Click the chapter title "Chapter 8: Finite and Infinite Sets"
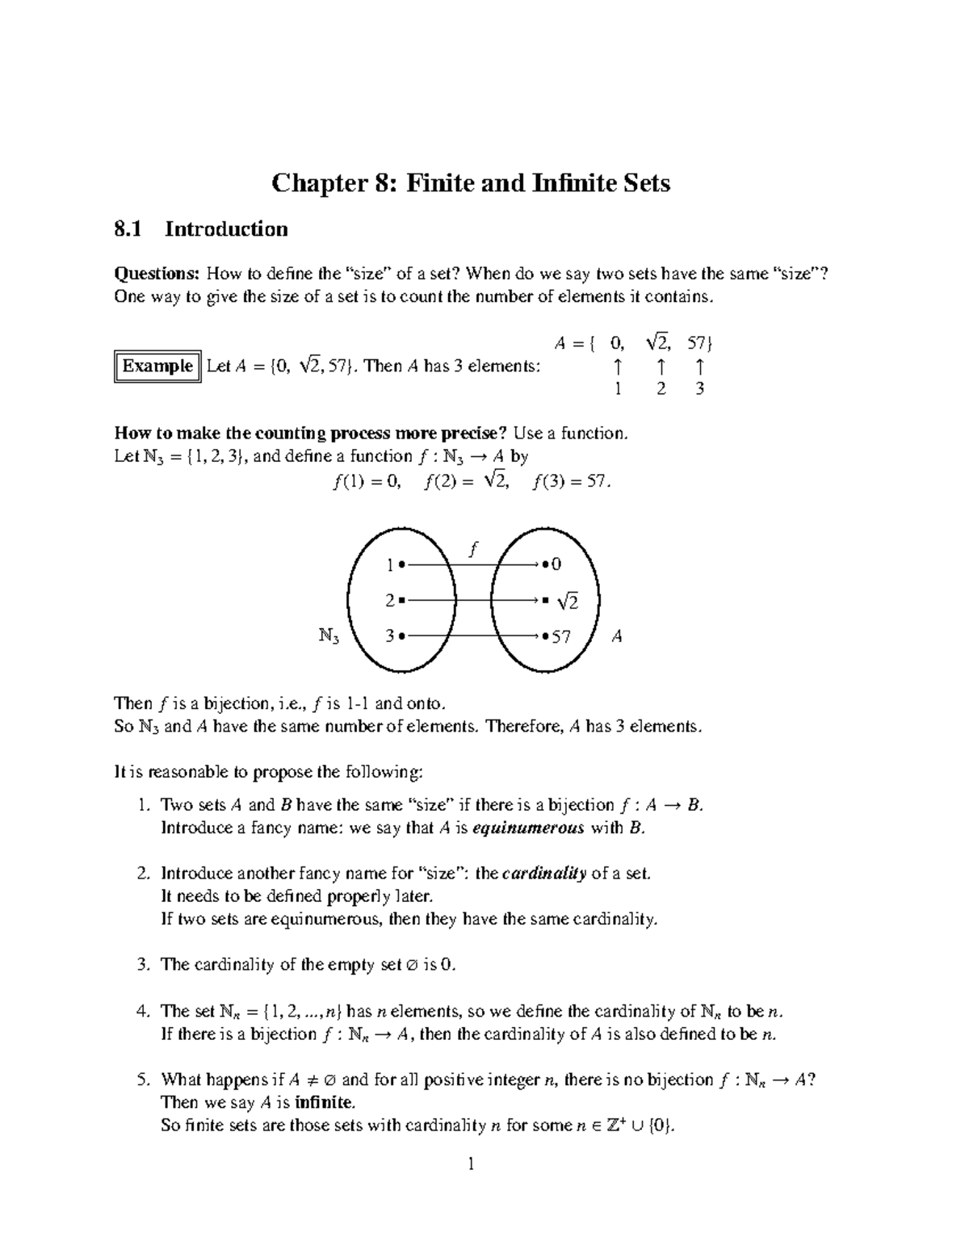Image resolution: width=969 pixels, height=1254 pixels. [471, 183]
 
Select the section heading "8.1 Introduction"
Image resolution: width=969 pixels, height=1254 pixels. [201, 230]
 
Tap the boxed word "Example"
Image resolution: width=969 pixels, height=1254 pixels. [157, 367]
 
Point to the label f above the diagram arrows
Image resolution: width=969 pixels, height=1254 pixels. [473, 549]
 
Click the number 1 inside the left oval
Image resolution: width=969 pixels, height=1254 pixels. [390, 564]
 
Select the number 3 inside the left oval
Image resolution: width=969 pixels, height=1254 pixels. [390, 636]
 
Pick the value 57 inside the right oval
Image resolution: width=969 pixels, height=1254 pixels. [560, 637]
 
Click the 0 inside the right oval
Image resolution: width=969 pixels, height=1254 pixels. [556, 564]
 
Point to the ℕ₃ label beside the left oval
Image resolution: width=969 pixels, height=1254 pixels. [329, 637]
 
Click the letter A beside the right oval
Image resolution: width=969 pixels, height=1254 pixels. [617, 637]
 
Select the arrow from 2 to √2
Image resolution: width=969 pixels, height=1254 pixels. [472, 601]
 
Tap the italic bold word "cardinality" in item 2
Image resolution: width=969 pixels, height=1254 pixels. [544, 874]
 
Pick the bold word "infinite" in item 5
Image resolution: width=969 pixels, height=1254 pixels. [324, 1103]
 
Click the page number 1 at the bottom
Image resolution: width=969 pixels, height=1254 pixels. [471, 1164]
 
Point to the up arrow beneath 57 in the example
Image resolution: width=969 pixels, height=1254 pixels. [699, 367]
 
